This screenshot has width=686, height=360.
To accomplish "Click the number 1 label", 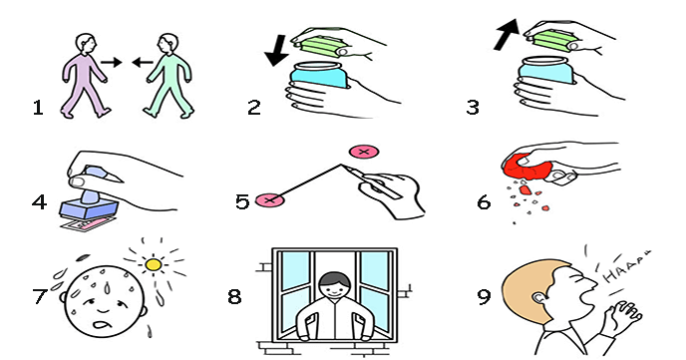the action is (38, 108).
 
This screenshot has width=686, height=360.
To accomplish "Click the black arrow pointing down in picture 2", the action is (276, 50).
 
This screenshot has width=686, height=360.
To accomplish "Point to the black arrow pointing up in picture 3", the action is (507, 34).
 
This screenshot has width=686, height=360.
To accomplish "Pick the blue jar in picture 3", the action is (546, 70).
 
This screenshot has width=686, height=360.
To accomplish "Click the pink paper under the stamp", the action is (89, 224).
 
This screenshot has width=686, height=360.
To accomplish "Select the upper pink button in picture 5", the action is (364, 152).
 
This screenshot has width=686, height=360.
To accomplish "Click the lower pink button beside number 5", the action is (270, 200).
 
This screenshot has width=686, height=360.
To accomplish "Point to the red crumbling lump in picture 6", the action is (528, 168).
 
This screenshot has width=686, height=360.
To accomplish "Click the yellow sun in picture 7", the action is (154, 264).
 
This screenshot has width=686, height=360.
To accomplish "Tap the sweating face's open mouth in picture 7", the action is (102, 325).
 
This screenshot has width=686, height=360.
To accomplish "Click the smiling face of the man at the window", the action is (335, 288).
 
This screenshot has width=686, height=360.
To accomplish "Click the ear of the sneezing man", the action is (539, 298).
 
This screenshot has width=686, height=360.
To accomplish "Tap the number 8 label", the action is (234, 296).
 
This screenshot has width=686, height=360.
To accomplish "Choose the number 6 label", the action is (484, 202).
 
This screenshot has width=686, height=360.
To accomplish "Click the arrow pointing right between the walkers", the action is (111, 62).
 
